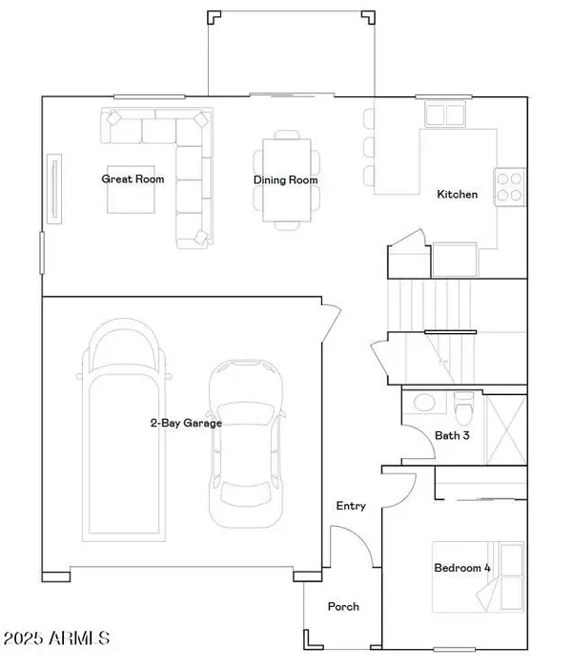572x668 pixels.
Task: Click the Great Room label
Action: [133, 178]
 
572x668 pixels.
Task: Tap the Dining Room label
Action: [285, 179]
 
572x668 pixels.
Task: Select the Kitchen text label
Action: [457, 194]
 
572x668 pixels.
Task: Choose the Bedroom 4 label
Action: [462, 568]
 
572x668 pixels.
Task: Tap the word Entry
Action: [351, 506]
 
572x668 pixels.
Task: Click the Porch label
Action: [343, 606]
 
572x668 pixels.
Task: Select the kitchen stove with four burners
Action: [511, 186]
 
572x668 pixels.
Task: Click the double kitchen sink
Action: [445, 115]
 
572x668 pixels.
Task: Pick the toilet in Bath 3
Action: [464, 408]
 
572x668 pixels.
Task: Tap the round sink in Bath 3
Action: [423, 402]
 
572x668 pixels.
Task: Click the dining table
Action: [286, 180]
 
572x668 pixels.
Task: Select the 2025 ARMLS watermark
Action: [57, 637]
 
